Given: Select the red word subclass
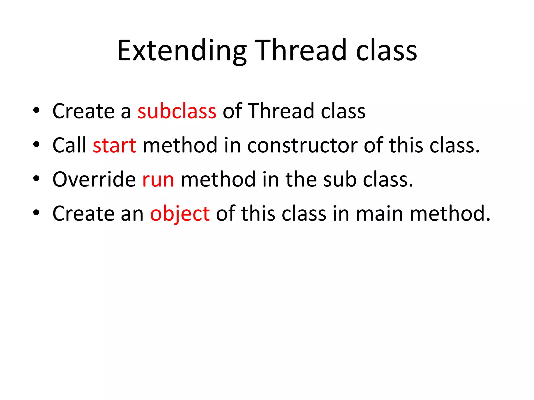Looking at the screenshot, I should point(177,111).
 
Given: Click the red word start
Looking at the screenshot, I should point(114,145).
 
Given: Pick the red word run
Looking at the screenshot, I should point(158,180).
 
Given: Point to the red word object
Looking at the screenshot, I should point(180,214).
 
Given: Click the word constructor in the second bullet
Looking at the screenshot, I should point(302,145).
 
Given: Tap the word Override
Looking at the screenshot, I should point(94,180).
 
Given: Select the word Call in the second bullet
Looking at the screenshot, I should point(69,145).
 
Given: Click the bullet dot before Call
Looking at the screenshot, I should point(36,144).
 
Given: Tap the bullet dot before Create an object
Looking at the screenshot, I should point(36,213).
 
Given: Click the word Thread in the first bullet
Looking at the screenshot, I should point(281,111).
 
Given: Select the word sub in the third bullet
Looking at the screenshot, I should point(340,180).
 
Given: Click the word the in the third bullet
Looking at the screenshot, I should point(301,180).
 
